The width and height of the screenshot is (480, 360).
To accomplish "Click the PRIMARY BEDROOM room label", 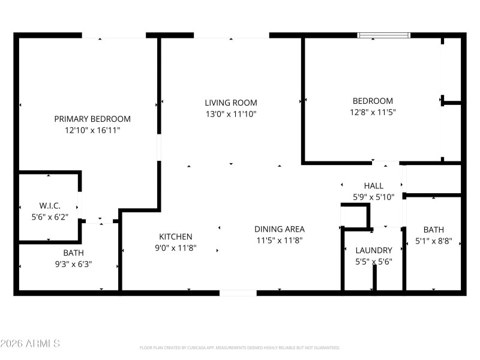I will tap(92, 119).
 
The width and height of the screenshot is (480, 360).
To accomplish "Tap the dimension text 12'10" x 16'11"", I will tap(92, 130).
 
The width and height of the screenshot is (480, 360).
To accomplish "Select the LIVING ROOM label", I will tap(231, 103).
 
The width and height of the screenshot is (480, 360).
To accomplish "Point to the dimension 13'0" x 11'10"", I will tap(231, 113).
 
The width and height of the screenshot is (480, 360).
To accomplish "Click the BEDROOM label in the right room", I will tap(373, 101).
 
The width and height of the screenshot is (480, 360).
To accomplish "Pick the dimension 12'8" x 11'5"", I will tap(373, 112).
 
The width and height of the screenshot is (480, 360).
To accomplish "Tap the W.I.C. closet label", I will tap(50, 205).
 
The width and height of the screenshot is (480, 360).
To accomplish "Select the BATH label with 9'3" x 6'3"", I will tap(74, 253).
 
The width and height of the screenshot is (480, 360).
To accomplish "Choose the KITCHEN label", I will tap(176, 236).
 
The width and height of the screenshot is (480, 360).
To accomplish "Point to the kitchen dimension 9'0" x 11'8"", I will tap(176, 247).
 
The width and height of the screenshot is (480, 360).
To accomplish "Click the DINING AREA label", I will tap(280, 229).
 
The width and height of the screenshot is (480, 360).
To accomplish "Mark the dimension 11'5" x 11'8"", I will tap(280, 240).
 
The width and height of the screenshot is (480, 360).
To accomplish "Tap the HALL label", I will tap(373, 186).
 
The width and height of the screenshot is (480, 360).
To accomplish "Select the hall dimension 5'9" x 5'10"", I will tap(373, 197).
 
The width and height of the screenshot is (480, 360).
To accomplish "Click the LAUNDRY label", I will tap(373, 250).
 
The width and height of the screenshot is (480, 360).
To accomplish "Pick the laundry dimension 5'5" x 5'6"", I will tap(373, 261).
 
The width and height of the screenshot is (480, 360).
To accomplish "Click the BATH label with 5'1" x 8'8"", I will tap(434, 230).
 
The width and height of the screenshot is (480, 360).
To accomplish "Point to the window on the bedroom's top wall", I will tap(385, 35).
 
